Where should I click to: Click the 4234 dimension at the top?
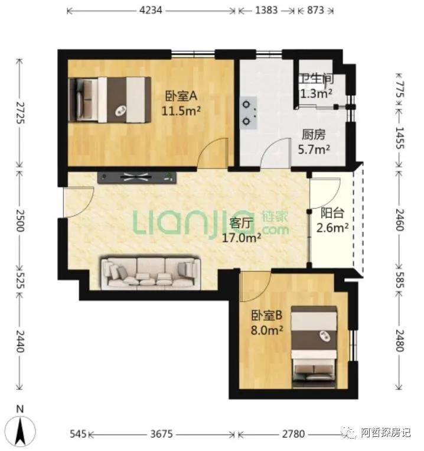tap(151, 11)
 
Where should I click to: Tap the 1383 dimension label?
tap(266, 11)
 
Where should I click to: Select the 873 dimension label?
tap(315, 11)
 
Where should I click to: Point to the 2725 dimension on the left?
tap(20, 112)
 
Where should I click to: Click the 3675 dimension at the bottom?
tap(161, 434)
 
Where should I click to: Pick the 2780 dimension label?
tap(293, 434)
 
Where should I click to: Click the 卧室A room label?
tap(181, 96)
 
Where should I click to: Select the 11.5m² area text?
tap(181, 110)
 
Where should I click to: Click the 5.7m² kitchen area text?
tap(314, 150)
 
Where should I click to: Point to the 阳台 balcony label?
tap(332, 213)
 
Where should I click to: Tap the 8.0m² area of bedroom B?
tap(267, 330)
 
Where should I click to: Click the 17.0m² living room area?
tap(242, 238)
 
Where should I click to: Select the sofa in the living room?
tap(151, 272)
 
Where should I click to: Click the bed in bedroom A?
tap(110, 100)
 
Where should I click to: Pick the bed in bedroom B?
tap(314, 347)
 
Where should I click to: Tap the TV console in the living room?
tap(137, 177)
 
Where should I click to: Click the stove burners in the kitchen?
tap(249, 113)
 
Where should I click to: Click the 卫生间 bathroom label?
tap(317, 79)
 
